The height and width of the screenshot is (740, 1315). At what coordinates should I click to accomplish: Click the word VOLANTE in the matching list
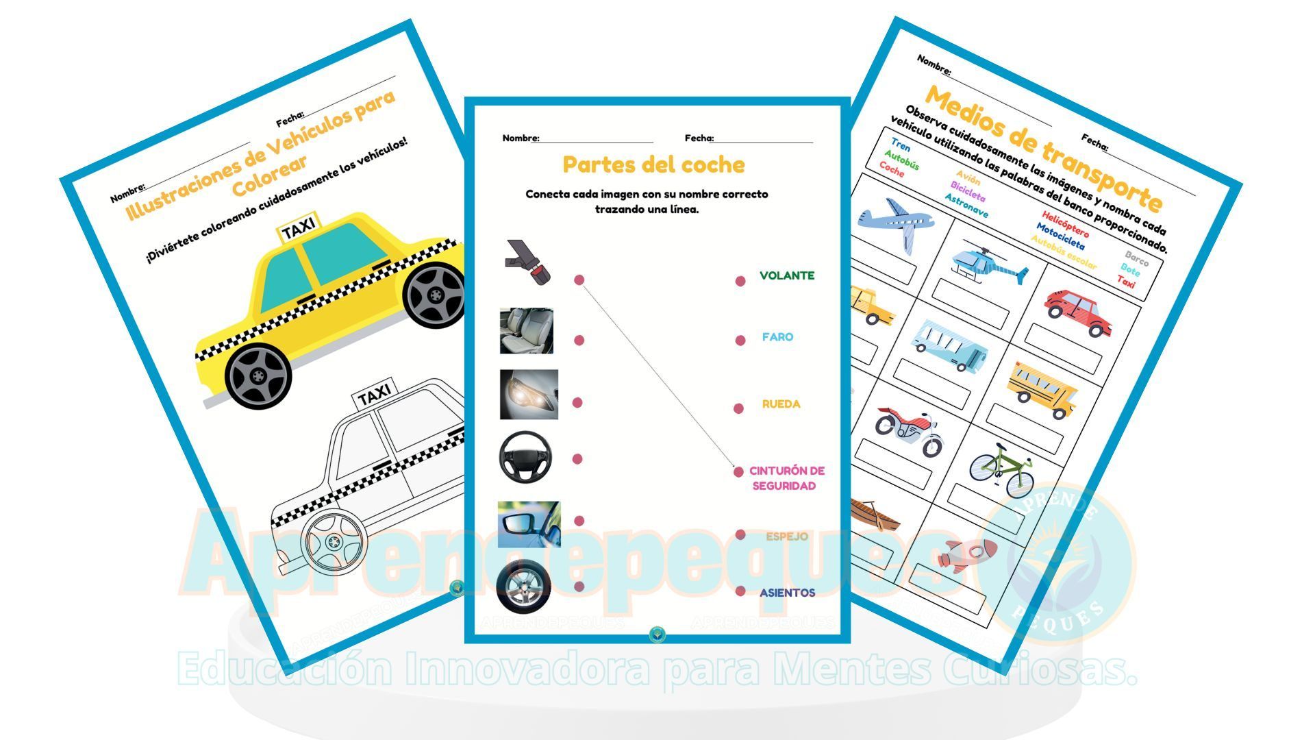pyautogui.click(x=786, y=275)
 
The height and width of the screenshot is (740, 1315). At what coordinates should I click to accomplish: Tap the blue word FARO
pyautogui.click(x=777, y=337)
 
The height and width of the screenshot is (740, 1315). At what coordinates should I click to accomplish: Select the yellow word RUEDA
pyautogui.click(x=781, y=404)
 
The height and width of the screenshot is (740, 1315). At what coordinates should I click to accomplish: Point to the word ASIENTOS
pyautogui.click(x=787, y=593)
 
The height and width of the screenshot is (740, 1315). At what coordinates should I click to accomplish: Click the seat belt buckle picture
pyautogui.click(x=528, y=262)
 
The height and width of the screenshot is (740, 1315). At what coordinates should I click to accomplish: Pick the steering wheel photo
pyautogui.click(x=525, y=457)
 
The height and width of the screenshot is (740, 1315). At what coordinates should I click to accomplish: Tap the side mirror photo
pyautogui.click(x=528, y=524)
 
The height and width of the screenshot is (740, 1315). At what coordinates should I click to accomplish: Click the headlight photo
pyautogui.click(x=528, y=395)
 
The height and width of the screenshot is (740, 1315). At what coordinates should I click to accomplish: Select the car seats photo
pyautogui.click(x=526, y=331)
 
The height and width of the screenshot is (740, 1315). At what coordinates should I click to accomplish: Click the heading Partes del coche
pyautogui.click(x=653, y=164)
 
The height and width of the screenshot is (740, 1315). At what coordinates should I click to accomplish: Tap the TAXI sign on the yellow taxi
pyautogui.click(x=298, y=227)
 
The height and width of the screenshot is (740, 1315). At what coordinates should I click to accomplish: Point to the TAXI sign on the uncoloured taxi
pyautogui.click(x=374, y=393)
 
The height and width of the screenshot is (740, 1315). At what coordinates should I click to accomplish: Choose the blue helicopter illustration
pyautogui.click(x=986, y=262)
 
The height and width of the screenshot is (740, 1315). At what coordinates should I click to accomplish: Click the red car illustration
pyautogui.click(x=1078, y=312)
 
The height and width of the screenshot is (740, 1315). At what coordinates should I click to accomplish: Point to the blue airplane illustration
pyautogui.click(x=897, y=221)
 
